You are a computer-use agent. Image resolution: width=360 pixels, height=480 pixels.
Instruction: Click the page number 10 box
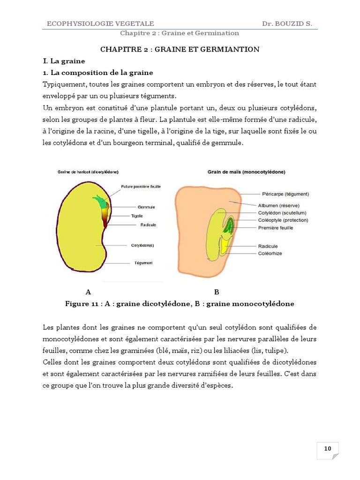point(328,449)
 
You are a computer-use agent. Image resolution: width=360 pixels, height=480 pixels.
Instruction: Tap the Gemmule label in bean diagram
point(146,207)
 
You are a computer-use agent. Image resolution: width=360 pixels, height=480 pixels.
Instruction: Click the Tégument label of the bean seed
point(143,262)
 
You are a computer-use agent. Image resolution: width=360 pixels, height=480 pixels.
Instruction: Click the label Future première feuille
point(141,186)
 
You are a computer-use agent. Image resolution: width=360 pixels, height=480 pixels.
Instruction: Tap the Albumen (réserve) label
point(279,205)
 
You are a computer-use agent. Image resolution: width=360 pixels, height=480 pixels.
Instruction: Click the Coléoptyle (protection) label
point(283,220)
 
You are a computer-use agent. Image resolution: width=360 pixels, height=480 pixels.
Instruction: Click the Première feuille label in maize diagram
point(276,228)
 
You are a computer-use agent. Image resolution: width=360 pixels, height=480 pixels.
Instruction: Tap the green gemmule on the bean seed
point(100,202)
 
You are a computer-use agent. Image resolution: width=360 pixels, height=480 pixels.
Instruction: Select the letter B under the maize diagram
point(217,292)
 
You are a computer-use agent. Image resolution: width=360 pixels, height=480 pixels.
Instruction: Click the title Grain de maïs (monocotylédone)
point(247,172)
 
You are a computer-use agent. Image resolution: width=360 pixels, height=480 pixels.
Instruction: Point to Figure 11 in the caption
point(82,304)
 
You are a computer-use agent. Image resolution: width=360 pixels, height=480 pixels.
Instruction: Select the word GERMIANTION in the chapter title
point(232,49)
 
